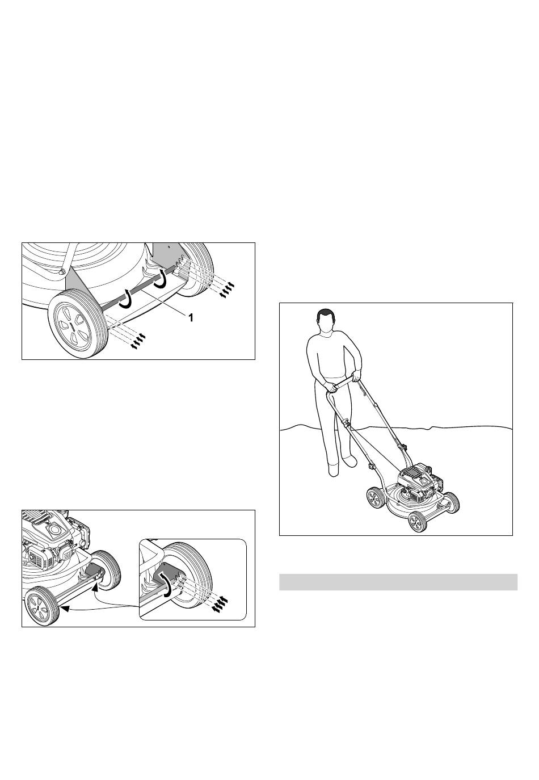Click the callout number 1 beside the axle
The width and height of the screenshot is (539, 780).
pyautogui.click(x=190, y=317)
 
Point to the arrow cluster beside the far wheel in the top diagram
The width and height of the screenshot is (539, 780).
pyautogui.click(x=226, y=290)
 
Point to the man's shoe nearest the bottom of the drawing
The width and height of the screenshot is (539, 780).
pyautogui.click(x=334, y=471)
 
